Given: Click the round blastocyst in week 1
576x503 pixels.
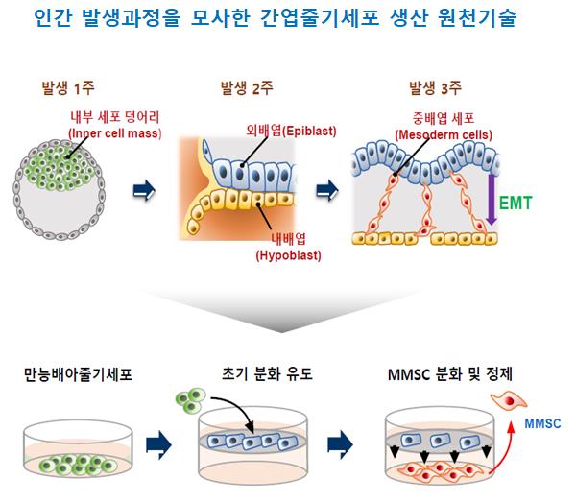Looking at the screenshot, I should [60, 185].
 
